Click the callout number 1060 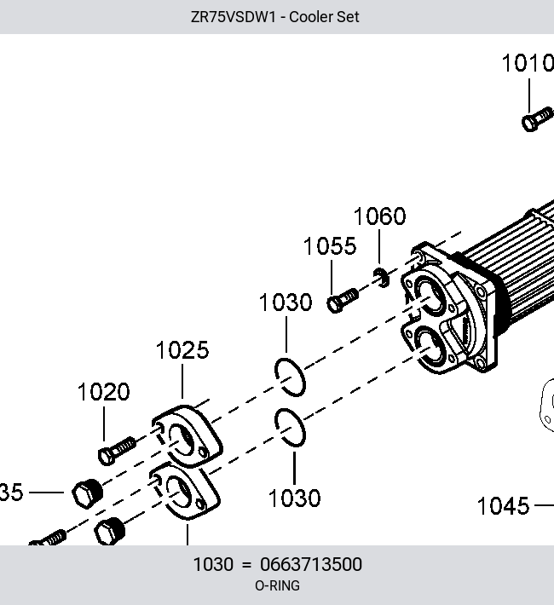tap(379, 216)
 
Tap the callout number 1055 tap(330, 246)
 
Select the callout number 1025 tap(182, 350)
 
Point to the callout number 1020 tap(103, 392)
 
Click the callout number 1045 tap(503, 506)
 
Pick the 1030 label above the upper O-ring tap(286, 302)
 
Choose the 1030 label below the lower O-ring tap(295, 498)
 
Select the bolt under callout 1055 tap(343, 300)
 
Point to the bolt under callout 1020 tap(117, 450)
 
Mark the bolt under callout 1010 tap(538, 119)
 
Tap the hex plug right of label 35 tap(88, 493)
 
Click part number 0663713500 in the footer tap(311, 564)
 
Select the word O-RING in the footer tap(277, 585)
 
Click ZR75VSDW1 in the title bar tap(234, 17)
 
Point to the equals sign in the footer tap(246, 565)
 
